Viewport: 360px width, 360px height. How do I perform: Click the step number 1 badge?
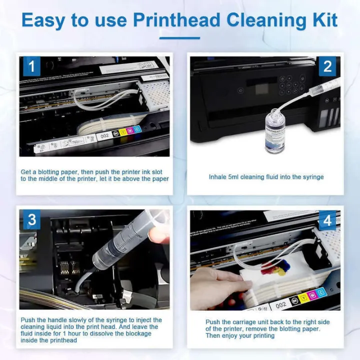tap(31, 66)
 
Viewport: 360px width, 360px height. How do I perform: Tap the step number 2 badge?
tap(328, 66)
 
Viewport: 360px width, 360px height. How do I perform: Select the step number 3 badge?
tap(31, 219)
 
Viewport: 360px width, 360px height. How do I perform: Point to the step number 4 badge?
tap(328, 219)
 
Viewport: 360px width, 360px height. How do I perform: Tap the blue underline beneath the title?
tap(179, 37)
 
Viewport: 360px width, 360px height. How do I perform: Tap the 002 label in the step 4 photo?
tap(281, 304)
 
